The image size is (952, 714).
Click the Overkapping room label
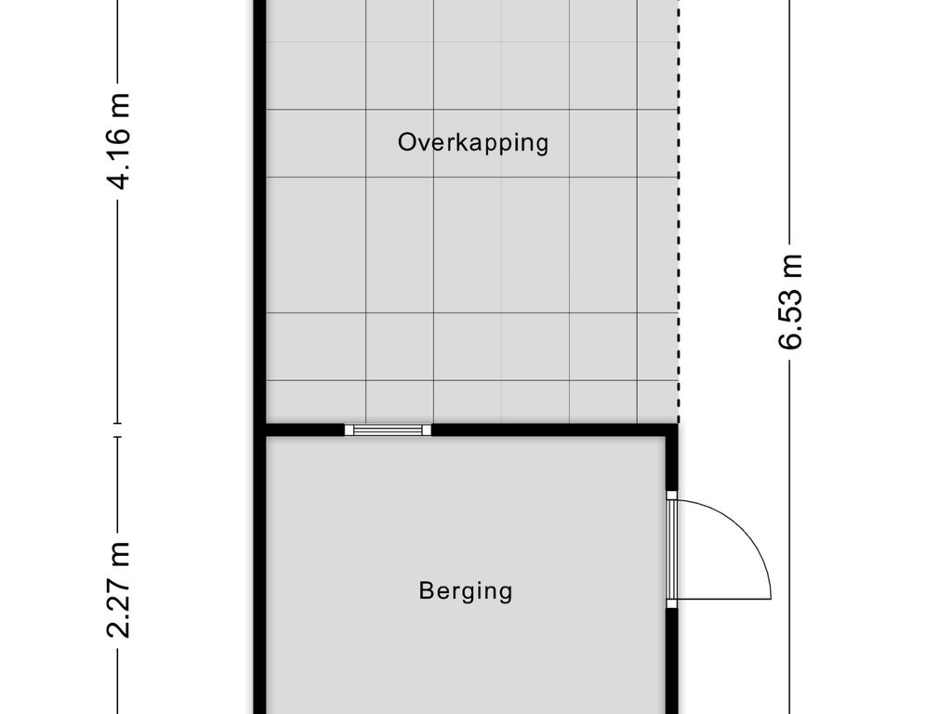tap(473, 143)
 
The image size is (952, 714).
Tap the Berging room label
tap(466, 590)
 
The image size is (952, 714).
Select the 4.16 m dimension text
tap(118, 139)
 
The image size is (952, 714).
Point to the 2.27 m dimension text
tap(118, 590)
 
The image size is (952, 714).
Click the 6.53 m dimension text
tap(790, 300)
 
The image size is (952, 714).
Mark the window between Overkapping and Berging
tap(389, 430)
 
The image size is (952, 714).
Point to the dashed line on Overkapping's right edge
tap(677, 232)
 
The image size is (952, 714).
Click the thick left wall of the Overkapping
tap(260, 214)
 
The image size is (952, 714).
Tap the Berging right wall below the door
tap(672, 660)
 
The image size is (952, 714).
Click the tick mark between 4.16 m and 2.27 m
tap(118, 429)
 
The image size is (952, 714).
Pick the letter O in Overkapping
tap(406, 143)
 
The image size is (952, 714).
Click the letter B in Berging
tap(426, 590)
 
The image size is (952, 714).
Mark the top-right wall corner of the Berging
tap(671, 430)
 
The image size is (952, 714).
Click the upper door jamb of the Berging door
tap(671, 495)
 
